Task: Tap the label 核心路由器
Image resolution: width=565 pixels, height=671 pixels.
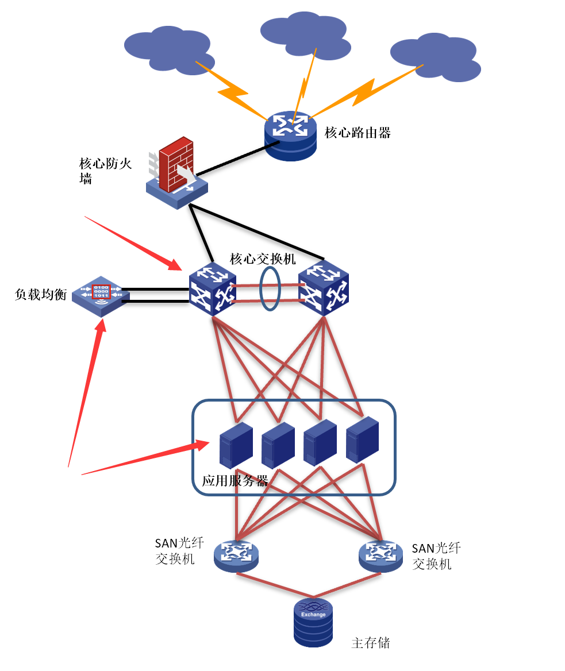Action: (x=358, y=133)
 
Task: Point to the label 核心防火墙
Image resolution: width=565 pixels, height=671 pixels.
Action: (x=105, y=171)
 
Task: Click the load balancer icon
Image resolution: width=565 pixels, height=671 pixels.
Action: (x=101, y=295)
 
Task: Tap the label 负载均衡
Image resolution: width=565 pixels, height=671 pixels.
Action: (x=40, y=295)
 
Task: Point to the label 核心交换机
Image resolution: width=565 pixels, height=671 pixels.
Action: (x=263, y=259)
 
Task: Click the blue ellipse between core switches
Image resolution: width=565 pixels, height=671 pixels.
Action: (x=269, y=288)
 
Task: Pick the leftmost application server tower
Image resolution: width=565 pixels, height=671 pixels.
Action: (x=236, y=445)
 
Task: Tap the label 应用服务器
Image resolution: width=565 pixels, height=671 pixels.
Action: (x=235, y=481)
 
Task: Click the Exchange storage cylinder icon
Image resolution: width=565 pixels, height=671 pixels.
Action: (x=313, y=622)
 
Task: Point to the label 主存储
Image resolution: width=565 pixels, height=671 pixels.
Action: (x=371, y=643)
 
